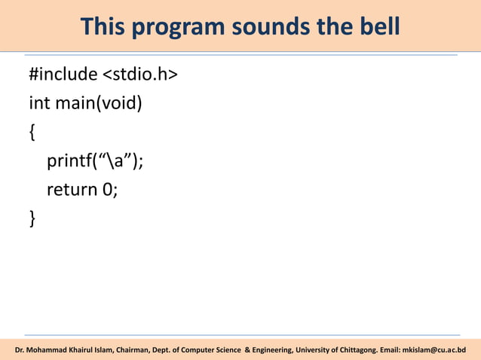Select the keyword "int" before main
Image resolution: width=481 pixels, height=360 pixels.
click(39, 102)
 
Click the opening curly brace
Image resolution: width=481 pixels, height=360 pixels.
click(32, 133)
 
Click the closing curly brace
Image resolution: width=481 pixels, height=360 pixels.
click(32, 219)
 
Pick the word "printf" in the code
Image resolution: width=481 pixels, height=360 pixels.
click(68, 161)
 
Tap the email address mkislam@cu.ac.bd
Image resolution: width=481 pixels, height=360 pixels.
click(434, 350)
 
